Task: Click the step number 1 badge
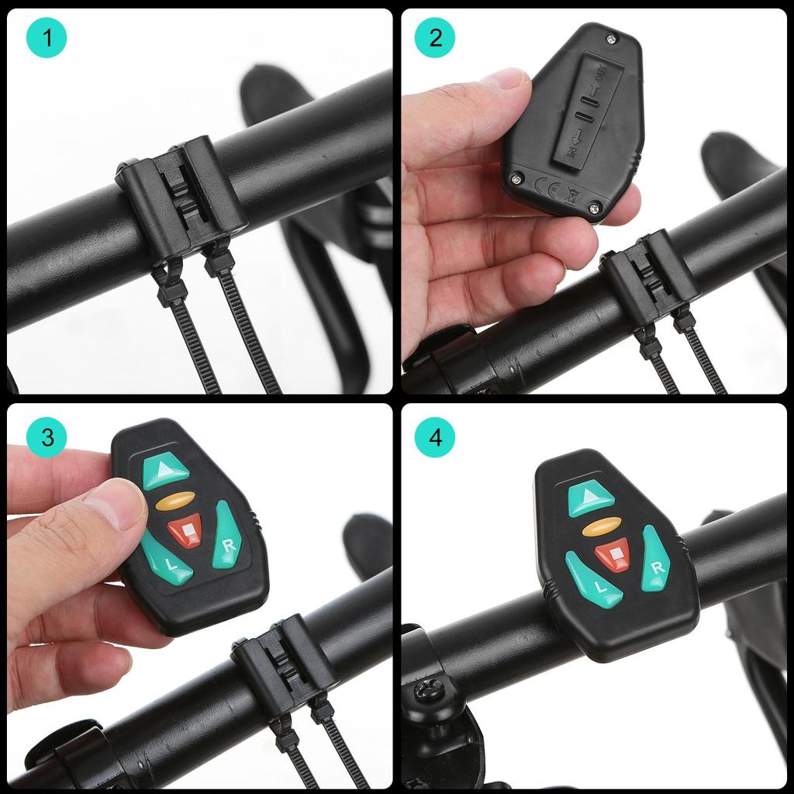click(47, 38)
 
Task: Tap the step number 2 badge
click(435, 38)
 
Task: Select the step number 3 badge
click(47, 437)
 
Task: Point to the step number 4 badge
click(435, 437)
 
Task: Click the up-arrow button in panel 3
click(166, 471)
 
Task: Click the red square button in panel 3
click(185, 531)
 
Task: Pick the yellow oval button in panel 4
click(601, 527)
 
